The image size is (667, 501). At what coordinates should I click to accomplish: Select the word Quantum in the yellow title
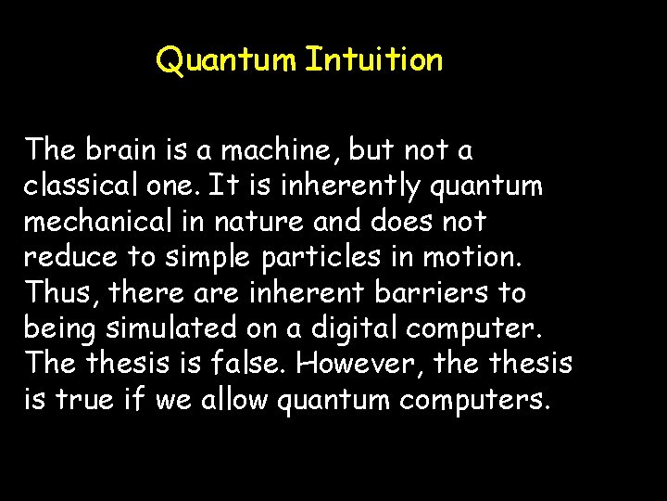[227, 61]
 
